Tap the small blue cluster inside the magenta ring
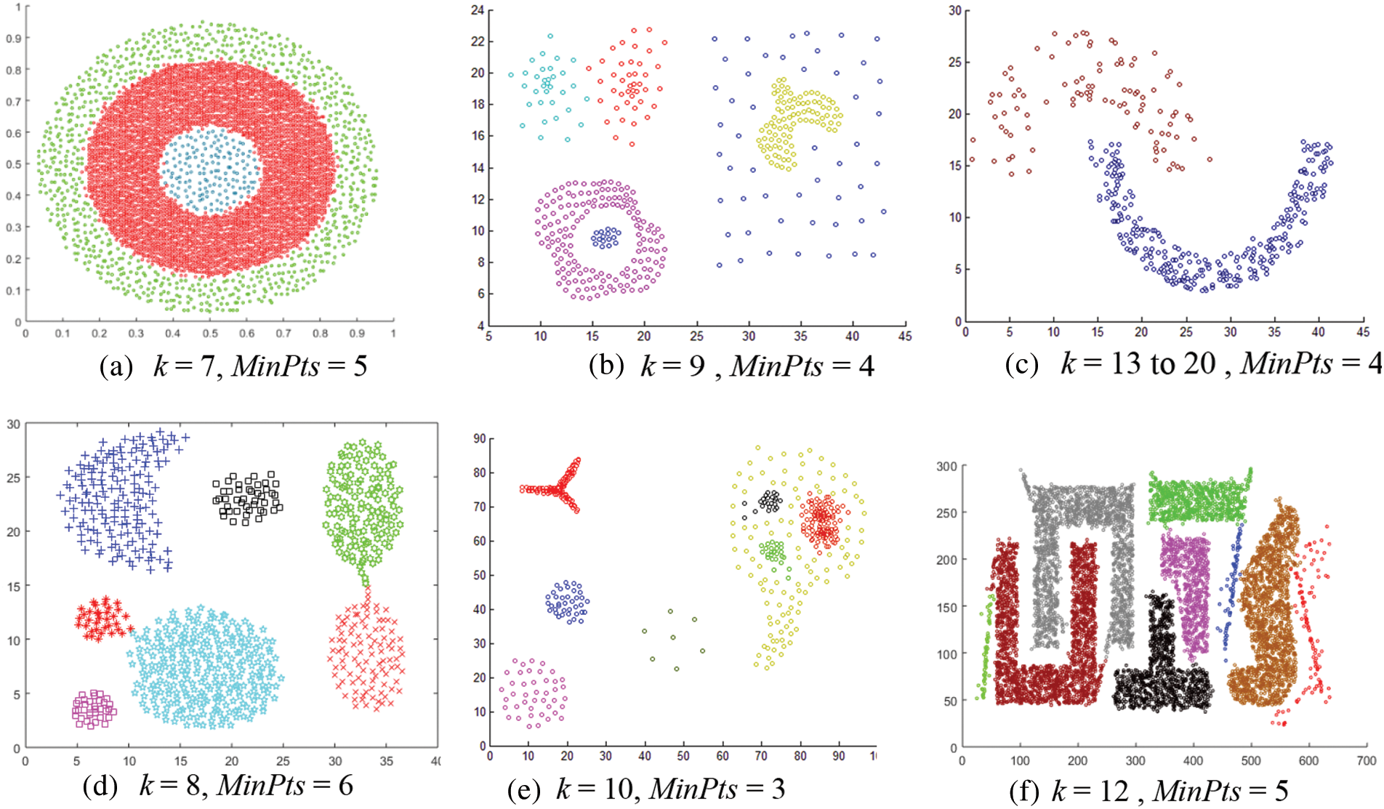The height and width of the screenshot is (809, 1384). point(605,238)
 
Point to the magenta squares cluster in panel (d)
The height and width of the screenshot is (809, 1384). point(94,709)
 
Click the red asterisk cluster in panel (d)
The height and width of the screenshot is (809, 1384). point(102,619)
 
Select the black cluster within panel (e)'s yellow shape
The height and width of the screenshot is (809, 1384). point(770,500)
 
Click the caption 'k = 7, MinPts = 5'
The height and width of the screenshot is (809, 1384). point(259,366)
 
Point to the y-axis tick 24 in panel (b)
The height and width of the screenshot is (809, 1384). point(476,10)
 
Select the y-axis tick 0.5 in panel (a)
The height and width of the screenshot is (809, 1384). point(14,164)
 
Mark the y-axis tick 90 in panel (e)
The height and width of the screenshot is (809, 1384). point(479,438)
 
